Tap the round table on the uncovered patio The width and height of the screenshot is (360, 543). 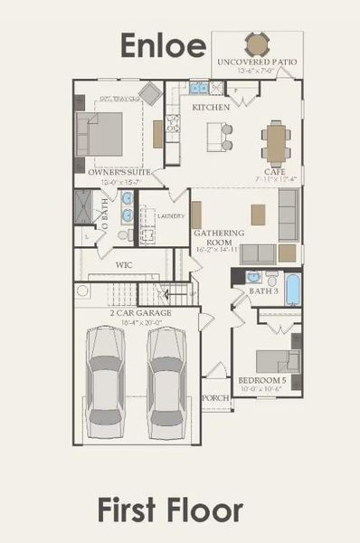257,43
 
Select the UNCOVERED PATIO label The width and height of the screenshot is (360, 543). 258,62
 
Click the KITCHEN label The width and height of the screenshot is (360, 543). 211,107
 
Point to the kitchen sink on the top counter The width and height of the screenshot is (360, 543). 198,88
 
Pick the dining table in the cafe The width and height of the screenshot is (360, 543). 276,142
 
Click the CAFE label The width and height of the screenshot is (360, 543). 275,171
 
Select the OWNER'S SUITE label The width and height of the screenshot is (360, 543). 119,170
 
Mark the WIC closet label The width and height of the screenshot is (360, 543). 125,265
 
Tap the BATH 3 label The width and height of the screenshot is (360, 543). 263,291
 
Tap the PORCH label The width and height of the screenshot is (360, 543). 214,397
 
